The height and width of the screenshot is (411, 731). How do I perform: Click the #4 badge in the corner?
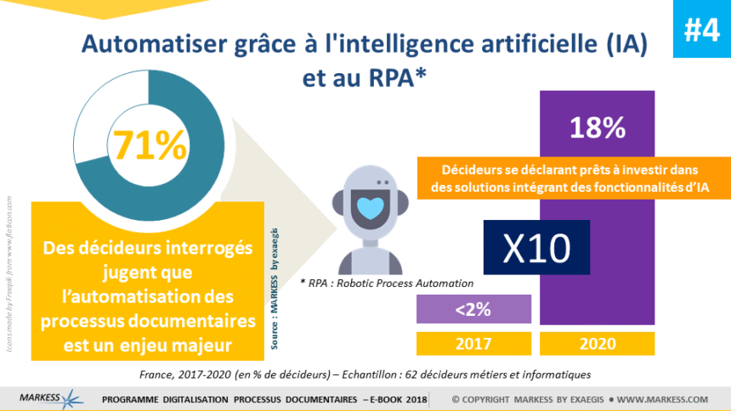pyautogui.click(x=701, y=30)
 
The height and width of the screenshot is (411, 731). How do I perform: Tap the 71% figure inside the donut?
pyautogui.click(x=150, y=146)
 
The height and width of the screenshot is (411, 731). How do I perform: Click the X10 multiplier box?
pyautogui.click(x=535, y=247)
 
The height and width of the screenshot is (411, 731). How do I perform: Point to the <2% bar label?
pyautogui.click(x=473, y=310)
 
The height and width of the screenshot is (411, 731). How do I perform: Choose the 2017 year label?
pyautogui.click(x=473, y=343)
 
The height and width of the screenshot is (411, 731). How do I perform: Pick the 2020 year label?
pyautogui.click(x=597, y=343)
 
